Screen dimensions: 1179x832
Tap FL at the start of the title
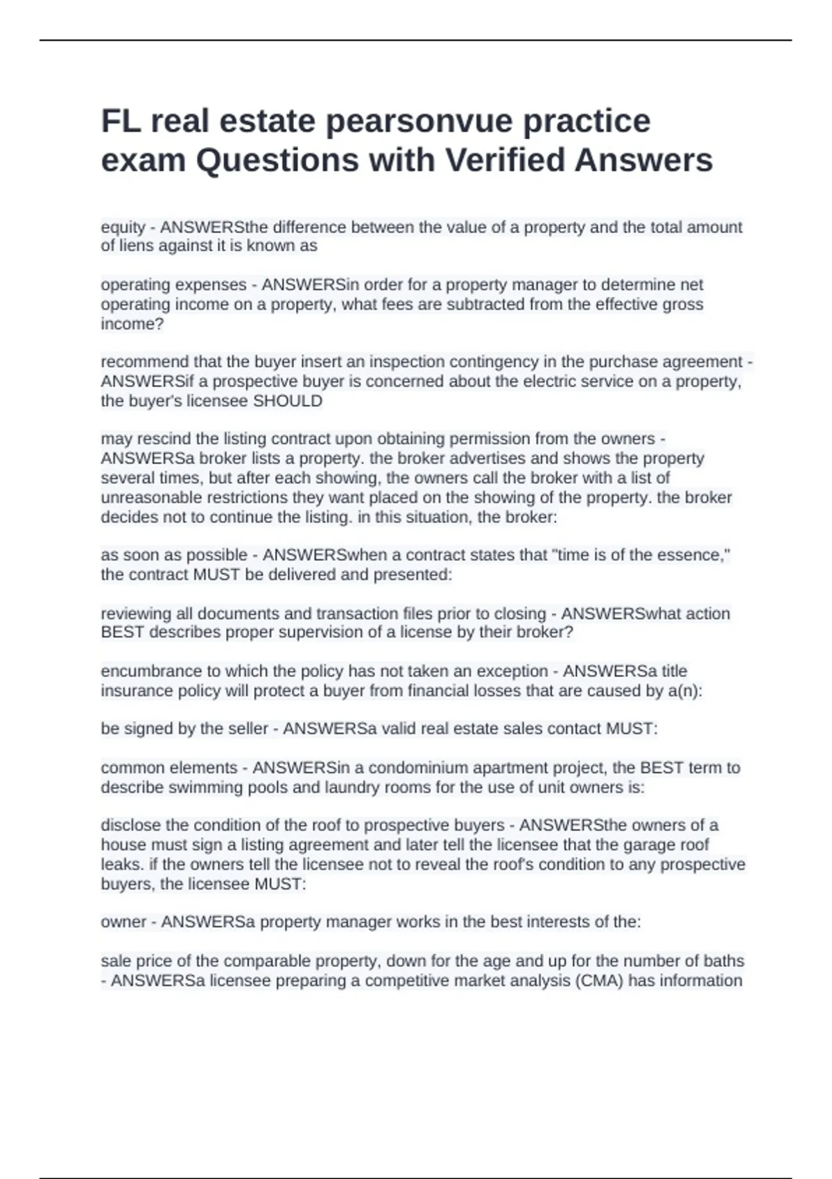121,121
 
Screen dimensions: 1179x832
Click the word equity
123,227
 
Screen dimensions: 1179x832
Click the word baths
722,961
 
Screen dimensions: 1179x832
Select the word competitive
406,981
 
